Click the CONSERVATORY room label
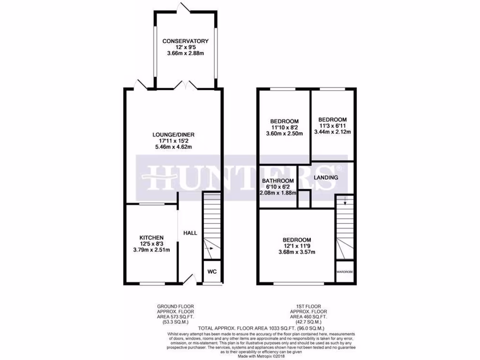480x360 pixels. pyautogui.click(x=185, y=41)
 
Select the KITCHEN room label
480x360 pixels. pyautogui.click(x=151, y=237)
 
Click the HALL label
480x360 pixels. pyautogui.click(x=190, y=233)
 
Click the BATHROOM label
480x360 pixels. pyautogui.click(x=278, y=181)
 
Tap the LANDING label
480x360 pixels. pyautogui.click(x=326, y=178)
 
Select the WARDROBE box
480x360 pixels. pyautogui.click(x=345, y=272)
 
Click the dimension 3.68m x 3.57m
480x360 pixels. pyautogui.click(x=297, y=252)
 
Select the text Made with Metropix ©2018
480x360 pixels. pyautogui.click(x=240, y=357)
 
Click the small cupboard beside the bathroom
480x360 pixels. pyautogui.click(x=304, y=199)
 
